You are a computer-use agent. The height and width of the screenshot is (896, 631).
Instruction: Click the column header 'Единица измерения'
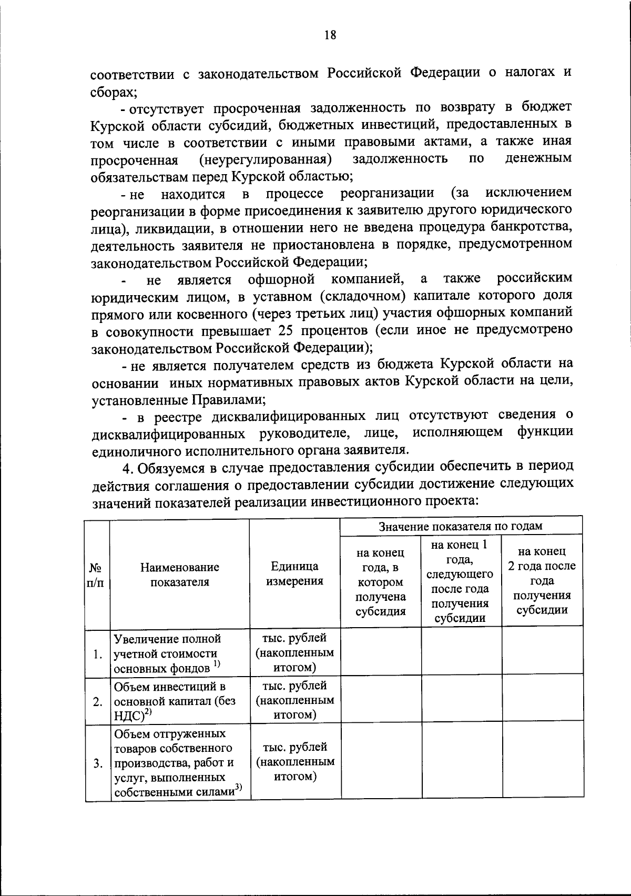[x=294, y=573]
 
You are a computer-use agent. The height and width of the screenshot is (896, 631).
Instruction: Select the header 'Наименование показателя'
[x=180, y=574]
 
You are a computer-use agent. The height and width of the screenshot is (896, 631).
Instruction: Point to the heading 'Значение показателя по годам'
[x=461, y=526]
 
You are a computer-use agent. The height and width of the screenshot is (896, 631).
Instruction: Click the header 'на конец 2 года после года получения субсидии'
[x=542, y=580]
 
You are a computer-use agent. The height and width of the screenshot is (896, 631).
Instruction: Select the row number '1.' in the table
[x=97, y=655]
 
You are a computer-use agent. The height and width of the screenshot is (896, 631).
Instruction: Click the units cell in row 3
[x=294, y=761]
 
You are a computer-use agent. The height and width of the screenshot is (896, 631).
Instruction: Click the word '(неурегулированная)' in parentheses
[x=264, y=158]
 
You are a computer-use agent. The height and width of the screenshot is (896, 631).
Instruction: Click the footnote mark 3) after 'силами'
[x=239, y=788]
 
